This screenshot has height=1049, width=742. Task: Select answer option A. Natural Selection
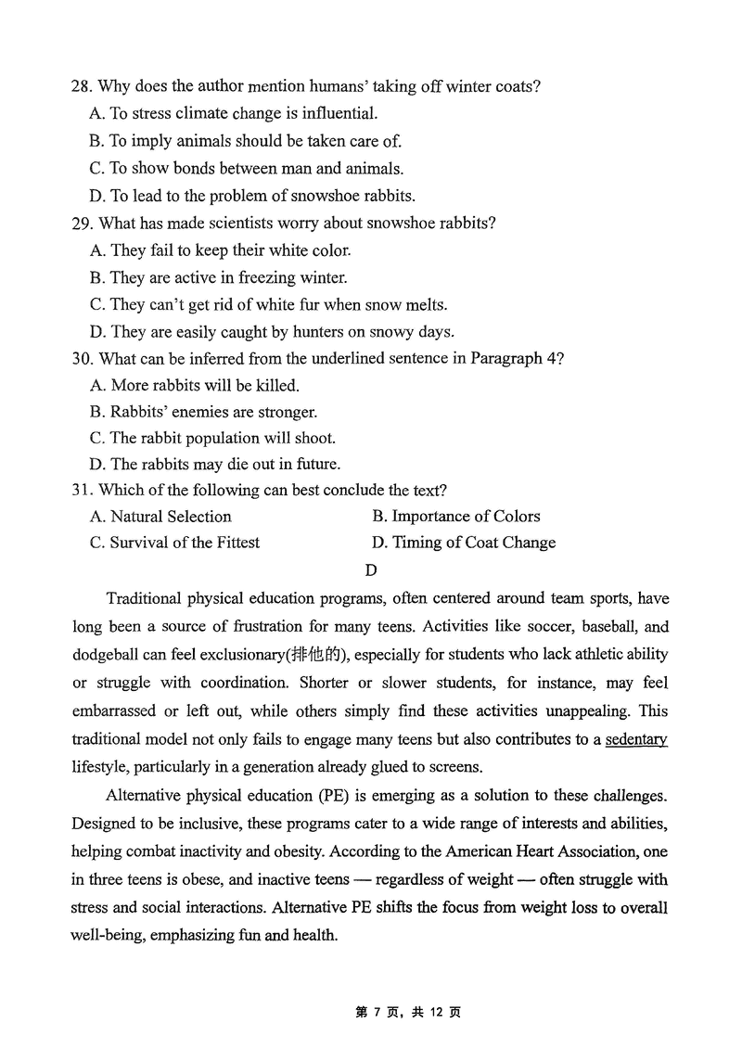click(x=160, y=517)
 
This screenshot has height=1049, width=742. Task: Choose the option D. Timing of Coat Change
click(x=463, y=543)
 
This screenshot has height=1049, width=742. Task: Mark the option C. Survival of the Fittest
click(x=174, y=543)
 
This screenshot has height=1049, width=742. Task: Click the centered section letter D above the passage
click(x=371, y=570)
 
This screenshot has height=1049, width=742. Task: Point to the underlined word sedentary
click(x=636, y=739)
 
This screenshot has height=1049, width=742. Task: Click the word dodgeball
click(x=106, y=655)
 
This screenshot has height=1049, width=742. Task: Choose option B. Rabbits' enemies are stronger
click(x=203, y=412)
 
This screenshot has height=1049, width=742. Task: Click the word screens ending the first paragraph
click(x=454, y=767)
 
